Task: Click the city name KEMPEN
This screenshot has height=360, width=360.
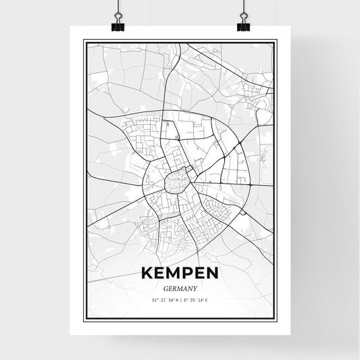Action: (x=179, y=274)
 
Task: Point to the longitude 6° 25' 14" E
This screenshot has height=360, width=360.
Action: (x=198, y=299)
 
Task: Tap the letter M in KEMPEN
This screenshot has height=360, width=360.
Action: (x=173, y=274)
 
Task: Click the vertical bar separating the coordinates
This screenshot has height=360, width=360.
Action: (x=180, y=299)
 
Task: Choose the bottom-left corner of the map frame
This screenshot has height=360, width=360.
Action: (x=84, y=319)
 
